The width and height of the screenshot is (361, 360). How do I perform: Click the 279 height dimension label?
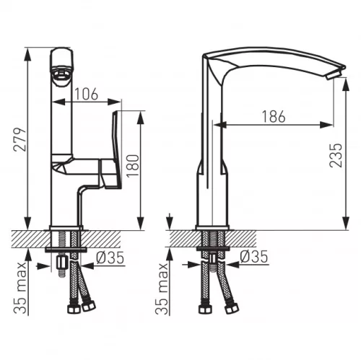19,140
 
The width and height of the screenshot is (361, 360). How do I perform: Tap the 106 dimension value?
87,94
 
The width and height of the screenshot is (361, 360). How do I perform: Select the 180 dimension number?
133,166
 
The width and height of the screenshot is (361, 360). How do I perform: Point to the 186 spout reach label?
274,117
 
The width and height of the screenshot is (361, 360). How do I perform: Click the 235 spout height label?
336,155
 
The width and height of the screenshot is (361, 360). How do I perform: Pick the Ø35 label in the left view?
110,258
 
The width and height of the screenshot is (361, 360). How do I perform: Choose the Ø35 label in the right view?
254,256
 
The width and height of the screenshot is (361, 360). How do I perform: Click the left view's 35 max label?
19,288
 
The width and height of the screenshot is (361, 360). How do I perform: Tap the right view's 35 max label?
161,289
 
